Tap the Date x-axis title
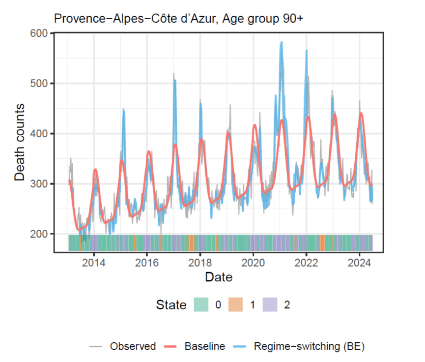pos(219,277)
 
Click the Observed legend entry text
pos(133,346)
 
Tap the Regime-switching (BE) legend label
pos(309,346)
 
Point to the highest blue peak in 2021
pos(282,42)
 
